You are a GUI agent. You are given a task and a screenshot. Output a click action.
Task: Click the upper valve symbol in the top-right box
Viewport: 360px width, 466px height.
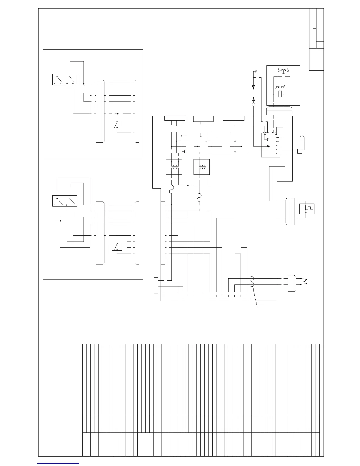tap(283, 70)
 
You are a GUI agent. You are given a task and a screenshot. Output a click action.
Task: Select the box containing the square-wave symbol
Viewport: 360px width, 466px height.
tap(307, 209)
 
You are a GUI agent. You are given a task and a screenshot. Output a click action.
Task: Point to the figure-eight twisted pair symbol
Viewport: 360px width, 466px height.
tap(252, 282)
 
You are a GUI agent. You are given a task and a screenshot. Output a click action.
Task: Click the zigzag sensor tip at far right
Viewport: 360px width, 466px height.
tap(306, 281)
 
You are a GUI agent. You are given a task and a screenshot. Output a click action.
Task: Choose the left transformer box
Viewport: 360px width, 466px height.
tap(174, 167)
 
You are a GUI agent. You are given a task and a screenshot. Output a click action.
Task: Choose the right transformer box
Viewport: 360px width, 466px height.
tap(201, 167)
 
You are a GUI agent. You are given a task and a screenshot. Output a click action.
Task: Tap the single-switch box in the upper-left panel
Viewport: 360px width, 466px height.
tap(117, 124)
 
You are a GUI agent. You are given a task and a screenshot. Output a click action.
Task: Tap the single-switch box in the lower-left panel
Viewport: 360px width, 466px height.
tap(117, 246)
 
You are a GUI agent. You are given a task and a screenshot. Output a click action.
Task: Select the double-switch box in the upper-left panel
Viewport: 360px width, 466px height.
tap(65, 79)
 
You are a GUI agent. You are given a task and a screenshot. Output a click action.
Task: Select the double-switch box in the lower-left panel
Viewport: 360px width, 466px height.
tap(65, 201)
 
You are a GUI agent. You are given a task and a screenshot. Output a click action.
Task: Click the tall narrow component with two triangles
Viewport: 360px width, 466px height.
tap(253, 93)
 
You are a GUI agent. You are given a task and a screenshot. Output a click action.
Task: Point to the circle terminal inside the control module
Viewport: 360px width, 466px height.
tap(268, 147)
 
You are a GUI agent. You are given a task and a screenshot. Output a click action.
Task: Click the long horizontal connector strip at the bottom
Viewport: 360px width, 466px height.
tap(210, 299)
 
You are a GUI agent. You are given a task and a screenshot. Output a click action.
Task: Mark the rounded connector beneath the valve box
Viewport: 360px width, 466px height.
tap(279, 111)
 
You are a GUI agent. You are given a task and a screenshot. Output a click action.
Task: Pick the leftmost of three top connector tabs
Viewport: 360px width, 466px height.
tap(175, 118)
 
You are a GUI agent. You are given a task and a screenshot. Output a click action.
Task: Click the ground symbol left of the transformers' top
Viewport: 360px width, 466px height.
tap(185, 152)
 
